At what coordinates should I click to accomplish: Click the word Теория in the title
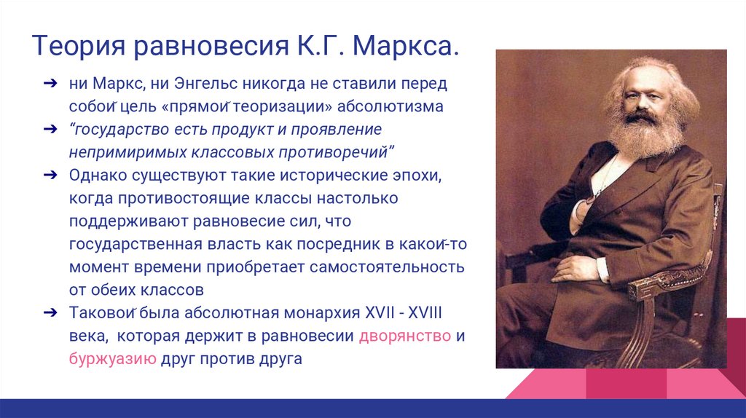[79, 47]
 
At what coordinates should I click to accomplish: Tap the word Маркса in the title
[405, 47]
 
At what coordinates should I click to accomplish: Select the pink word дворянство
[405, 336]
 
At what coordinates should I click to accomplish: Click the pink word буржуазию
[113, 358]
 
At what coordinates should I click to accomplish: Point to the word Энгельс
[206, 84]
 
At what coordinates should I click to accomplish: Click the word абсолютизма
[390, 106]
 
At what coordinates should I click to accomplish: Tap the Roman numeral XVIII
[425, 313]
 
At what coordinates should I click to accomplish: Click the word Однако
[98, 176]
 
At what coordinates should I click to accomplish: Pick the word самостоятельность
[387, 267]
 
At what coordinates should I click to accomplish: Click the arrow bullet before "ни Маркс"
[50, 84]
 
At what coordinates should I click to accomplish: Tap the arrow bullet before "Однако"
[50, 176]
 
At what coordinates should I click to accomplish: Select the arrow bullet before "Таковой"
[50, 313]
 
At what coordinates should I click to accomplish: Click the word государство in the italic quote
[119, 130]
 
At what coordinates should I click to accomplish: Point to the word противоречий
[337, 153]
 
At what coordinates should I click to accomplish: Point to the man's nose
[643, 106]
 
